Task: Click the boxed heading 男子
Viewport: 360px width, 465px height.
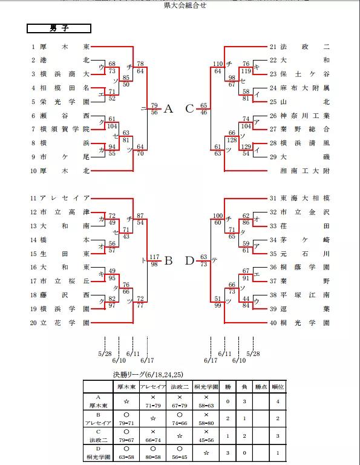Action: tap(59, 28)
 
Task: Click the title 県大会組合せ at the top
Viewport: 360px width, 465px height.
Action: tap(180, 5)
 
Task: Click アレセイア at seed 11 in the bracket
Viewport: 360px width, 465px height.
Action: tap(65, 198)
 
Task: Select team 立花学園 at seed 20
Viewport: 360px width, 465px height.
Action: tap(65, 323)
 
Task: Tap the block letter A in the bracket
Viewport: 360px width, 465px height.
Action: tap(168, 109)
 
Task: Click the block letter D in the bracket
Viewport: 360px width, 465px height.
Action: tap(189, 261)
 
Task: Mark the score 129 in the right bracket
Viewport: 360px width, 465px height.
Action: tap(246, 147)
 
